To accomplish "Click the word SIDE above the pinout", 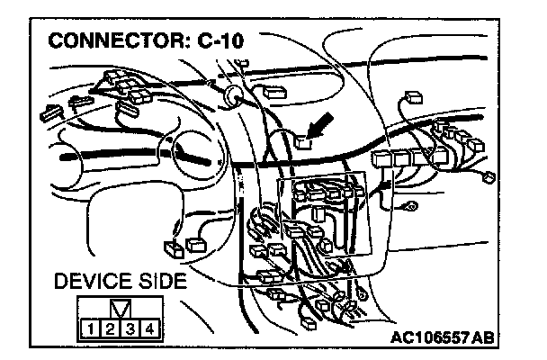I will click(x=161, y=283).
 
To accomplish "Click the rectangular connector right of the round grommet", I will click(x=273, y=90).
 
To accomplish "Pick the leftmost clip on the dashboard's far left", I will click(x=47, y=114).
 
